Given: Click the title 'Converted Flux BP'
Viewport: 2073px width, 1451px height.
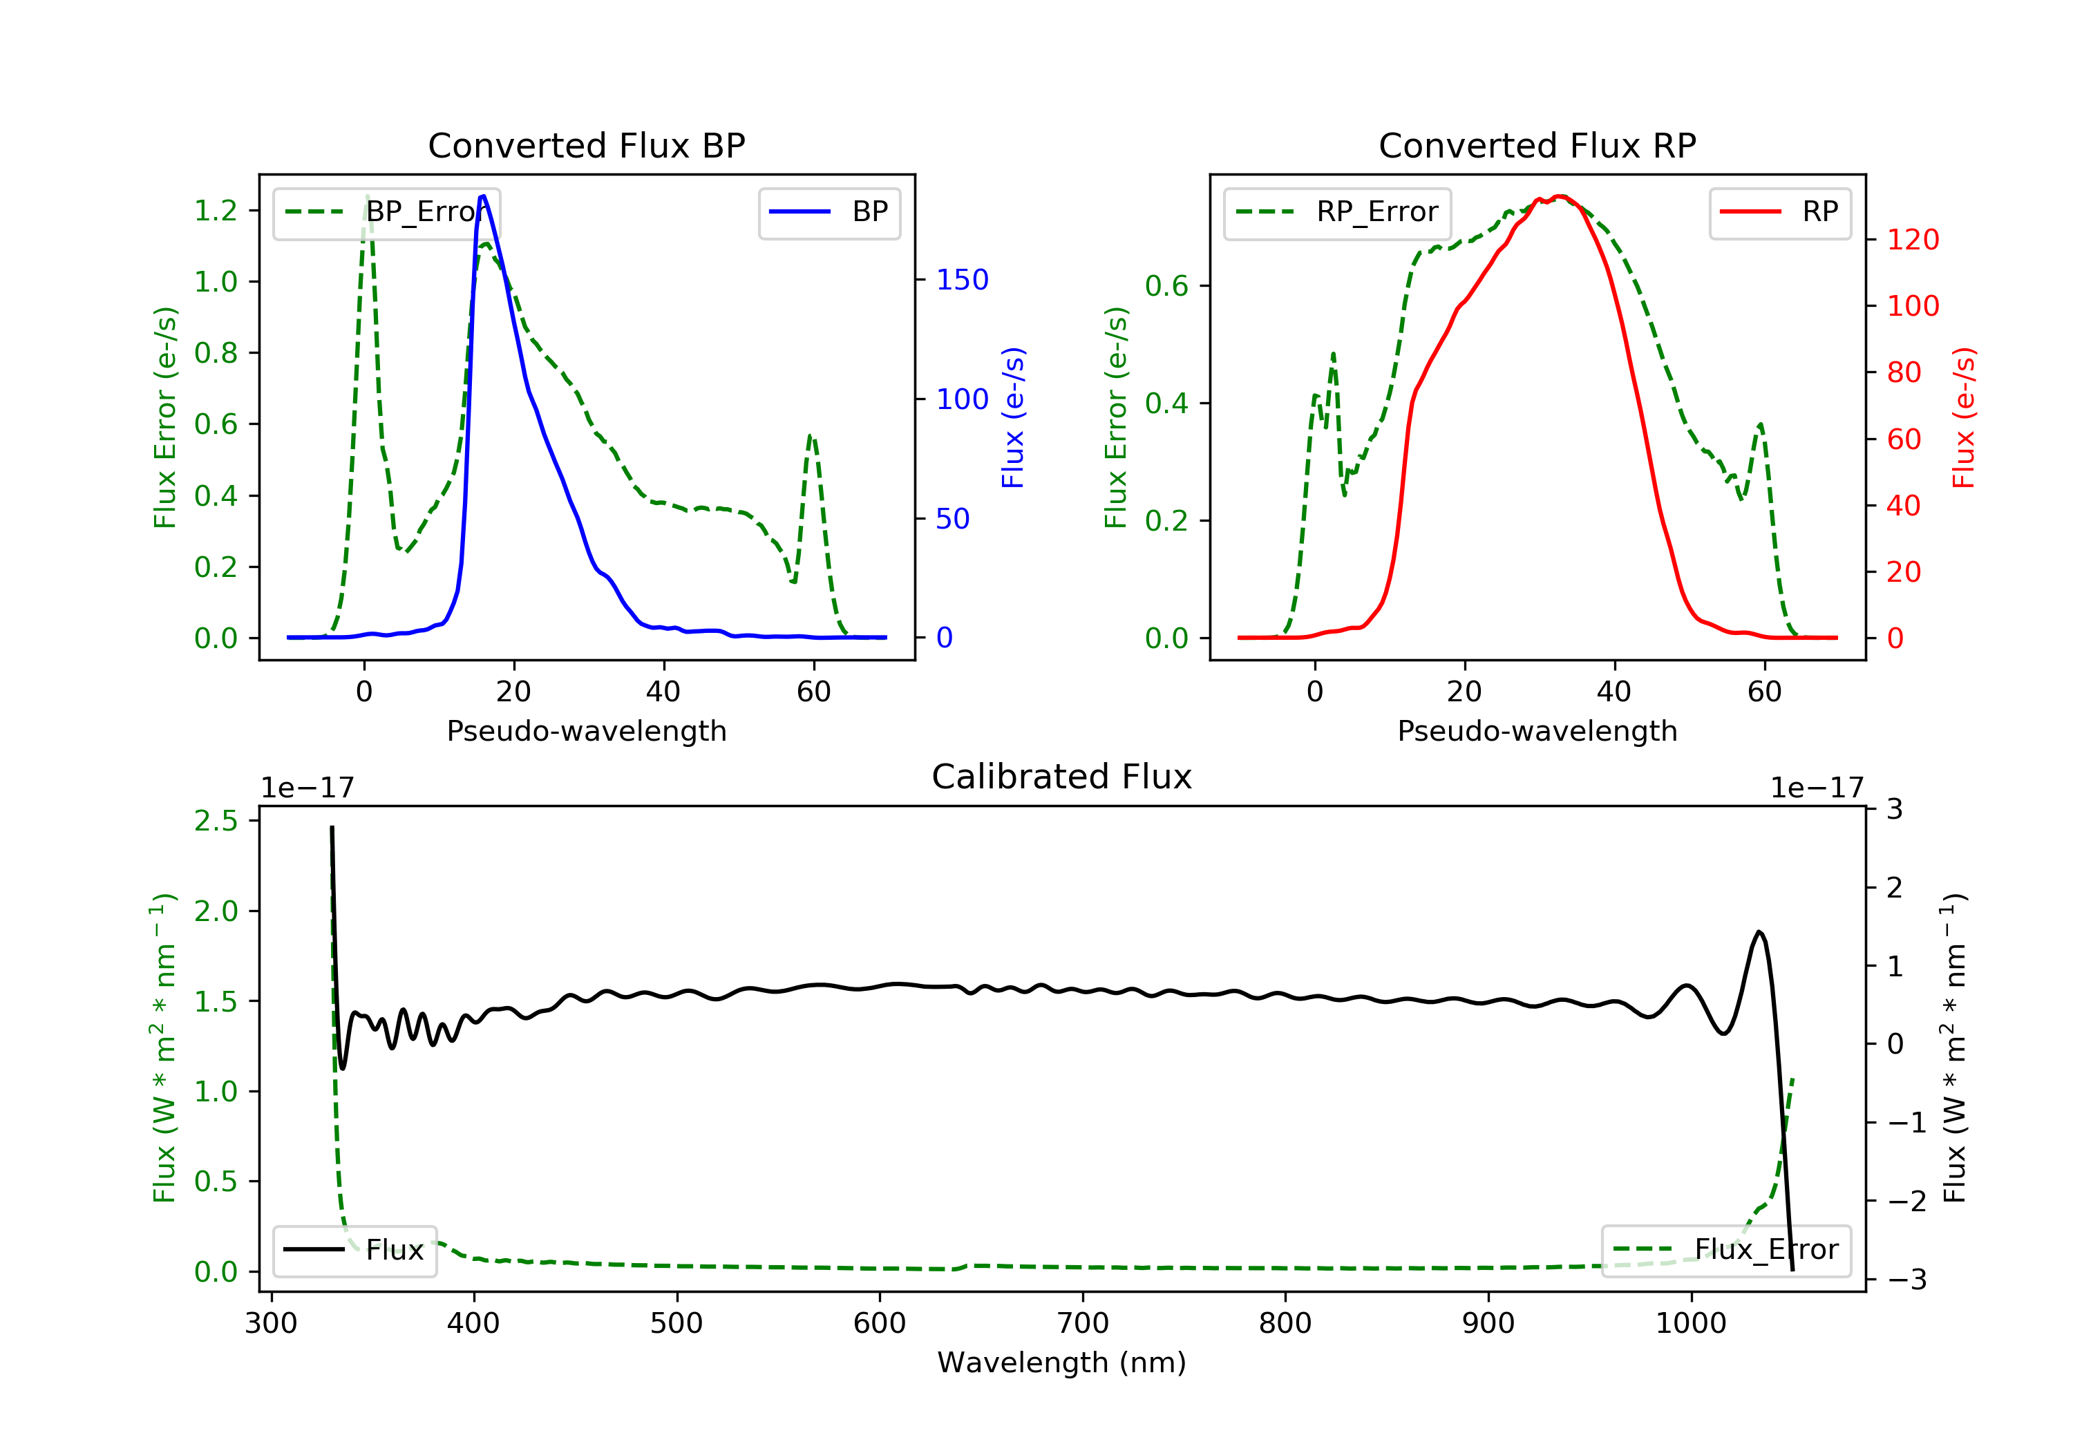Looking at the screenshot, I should tap(586, 145).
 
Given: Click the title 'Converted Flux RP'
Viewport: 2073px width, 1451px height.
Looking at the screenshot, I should tap(1537, 145).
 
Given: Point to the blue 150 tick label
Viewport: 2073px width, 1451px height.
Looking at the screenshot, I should tap(962, 280).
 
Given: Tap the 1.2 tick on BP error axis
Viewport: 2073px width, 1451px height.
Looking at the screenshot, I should tap(216, 210).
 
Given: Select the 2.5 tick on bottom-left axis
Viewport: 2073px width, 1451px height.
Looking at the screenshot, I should tap(216, 821).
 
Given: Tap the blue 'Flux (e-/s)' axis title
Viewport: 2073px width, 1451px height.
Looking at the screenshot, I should tap(1013, 417).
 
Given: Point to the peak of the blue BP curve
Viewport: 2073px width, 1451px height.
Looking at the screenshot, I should tap(483, 196).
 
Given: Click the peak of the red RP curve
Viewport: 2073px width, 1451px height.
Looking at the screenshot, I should tap(1560, 197).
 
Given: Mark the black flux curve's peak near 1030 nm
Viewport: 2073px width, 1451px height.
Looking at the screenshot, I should tap(1759, 932).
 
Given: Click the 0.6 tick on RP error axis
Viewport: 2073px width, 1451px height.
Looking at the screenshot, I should tap(1166, 286).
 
